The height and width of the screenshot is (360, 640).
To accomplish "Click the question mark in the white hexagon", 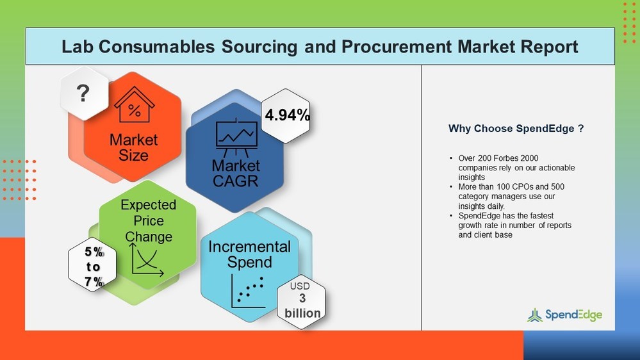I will [x=83, y=94].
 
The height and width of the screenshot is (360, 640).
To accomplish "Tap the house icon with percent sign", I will [x=134, y=106].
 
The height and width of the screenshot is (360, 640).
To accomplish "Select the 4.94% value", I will [x=287, y=116].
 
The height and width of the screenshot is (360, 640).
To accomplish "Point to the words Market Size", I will [x=133, y=147].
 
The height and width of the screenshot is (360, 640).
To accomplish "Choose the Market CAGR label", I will [x=236, y=173].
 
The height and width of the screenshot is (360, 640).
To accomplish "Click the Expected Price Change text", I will [x=148, y=221].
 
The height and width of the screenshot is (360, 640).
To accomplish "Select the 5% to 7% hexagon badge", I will [x=94, y=266].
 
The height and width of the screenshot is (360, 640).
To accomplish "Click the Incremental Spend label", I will [x=249, y=254].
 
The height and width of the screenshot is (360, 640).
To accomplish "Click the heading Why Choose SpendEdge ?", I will [x=516, y=129].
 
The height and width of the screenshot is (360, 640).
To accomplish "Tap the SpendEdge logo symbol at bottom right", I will [x=534, y=315].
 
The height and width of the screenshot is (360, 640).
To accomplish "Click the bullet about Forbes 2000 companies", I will [x=513, y=168].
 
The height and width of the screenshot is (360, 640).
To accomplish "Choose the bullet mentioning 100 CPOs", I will [x=511, y=197].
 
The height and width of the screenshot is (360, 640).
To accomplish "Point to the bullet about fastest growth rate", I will [x=514, y=225].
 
